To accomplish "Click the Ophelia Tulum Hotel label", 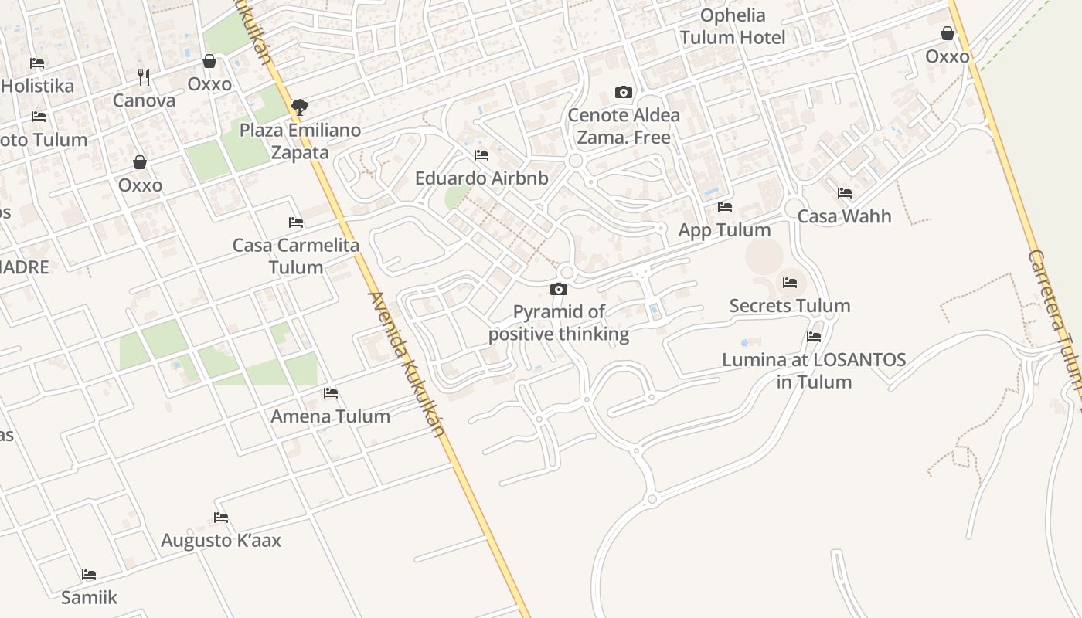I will click(x=732, y=26).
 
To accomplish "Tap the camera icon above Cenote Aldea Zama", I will click(x=624, y=93).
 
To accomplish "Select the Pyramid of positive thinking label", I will click(x=559, y=323).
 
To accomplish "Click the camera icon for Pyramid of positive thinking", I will click(x=559, y=290).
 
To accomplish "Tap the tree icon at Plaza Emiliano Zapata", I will click(x=299, y=107).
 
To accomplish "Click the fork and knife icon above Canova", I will click(x=144, y=77).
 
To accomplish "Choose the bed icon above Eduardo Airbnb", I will click(x=481, y=155).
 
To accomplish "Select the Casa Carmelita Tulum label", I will click(x=296, y=256).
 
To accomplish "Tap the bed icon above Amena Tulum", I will click(x=331, y=393).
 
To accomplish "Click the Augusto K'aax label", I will click(x=221, y=540).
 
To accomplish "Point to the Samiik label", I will click(x=90, y=597).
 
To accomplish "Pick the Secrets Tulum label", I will click(x=790, y=306).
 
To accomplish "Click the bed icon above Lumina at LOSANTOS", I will click(x=814, y=337).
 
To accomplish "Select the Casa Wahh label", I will click(x=844, y=216).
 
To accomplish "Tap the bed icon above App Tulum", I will click(x=724, y=207).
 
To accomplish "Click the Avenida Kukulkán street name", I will click(x=407, y=363).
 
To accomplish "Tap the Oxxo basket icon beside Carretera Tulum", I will click(x=947, y=34).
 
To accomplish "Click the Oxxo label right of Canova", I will click(x=209, y=83).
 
